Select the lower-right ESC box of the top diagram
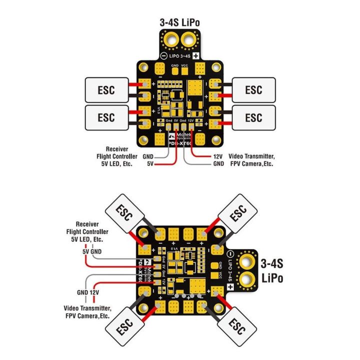pyautogui.click(x=253, y=117)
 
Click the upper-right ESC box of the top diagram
pyautogui.click(x=253, y=90)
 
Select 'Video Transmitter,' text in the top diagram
pyautogui.click(x=252, y=156)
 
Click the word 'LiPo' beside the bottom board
pyautogui.click(x=272, y=277)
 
